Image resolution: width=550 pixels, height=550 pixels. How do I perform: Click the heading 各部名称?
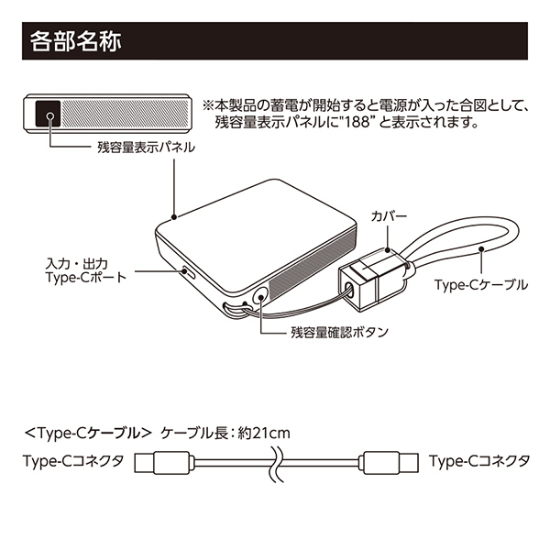pyautogui.click(x=76, y=41)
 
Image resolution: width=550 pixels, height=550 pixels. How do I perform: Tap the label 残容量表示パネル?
pyautogui.click(x=146, y=148)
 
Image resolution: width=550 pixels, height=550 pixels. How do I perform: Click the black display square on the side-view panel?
pyautogui.click(x=49, y=114)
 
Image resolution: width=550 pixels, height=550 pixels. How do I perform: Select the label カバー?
pyautogui.click(x=389, y=216)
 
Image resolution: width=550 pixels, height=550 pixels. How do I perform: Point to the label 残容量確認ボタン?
pyautogui.click(x=339, y=332)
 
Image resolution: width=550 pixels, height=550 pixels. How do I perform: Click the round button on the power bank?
pyautogui.click(x=260, y=296)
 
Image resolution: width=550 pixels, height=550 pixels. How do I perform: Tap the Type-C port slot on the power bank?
pyautogui.click(x=189, y=272)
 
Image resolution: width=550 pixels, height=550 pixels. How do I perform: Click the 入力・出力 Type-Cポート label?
pyautogui.click(x=86, y=270)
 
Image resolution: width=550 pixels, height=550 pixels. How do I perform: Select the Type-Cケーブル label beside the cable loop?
pyautogui.click(x=481, y=284)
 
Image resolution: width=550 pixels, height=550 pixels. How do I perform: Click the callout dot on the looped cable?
pyautogui.click(x=481, y=249)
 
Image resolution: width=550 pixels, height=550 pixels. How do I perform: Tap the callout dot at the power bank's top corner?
pyautogui.click(x=174, y=217)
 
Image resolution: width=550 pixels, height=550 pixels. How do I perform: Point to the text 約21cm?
pyautogui.click(x=264, y=434)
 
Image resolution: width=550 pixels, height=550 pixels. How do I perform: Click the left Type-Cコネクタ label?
pyautogui.click(x=73, y=461)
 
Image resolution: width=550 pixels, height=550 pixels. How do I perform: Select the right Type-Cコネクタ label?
pyautogui.click(x=479, y=461)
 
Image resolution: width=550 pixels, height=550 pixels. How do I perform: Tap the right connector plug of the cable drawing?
pyautogui.click(x=389, y=463)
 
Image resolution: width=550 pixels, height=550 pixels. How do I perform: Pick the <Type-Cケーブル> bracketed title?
pyautogui.click(x=88, y=434)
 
